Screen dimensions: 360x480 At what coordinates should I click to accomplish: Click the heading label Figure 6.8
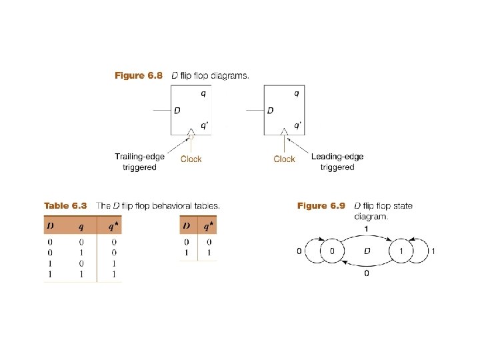139,76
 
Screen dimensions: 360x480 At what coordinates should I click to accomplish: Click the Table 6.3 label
65,205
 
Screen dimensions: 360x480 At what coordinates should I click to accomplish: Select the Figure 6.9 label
321,205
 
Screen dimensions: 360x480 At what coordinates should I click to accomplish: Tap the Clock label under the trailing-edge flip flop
191,159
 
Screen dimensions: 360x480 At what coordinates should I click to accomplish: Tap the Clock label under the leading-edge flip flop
284,159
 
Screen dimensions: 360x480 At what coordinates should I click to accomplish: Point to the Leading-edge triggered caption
337,162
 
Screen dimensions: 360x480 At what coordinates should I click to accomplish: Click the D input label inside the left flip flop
177,110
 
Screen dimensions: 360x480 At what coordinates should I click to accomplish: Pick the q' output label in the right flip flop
297,124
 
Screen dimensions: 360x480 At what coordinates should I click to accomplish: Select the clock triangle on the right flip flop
285,131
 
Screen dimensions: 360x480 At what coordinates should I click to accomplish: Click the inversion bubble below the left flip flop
191,137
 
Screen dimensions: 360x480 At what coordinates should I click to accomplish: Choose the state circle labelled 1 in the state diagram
401,251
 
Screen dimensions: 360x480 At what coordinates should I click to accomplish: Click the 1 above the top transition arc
366,229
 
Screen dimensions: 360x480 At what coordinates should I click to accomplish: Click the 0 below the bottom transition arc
366,273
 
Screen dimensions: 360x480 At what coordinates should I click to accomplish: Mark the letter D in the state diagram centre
366,251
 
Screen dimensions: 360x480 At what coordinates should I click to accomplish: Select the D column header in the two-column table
187,226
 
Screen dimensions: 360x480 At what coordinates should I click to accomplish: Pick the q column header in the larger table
80,226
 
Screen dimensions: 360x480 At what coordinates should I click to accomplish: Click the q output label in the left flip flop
204,94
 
